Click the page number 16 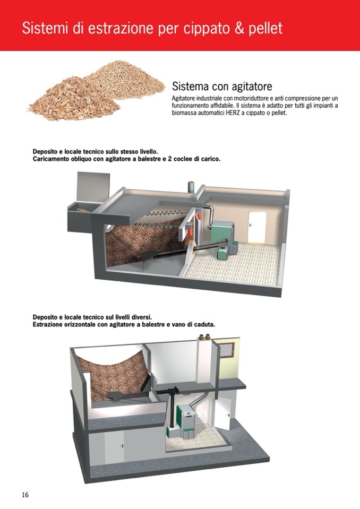coord(25,495)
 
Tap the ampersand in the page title coord(239,28)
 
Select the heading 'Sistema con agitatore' coord(222,87)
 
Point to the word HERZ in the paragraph coord(233,113)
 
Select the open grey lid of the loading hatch coord(93,187)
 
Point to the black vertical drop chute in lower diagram coord(171,408)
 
